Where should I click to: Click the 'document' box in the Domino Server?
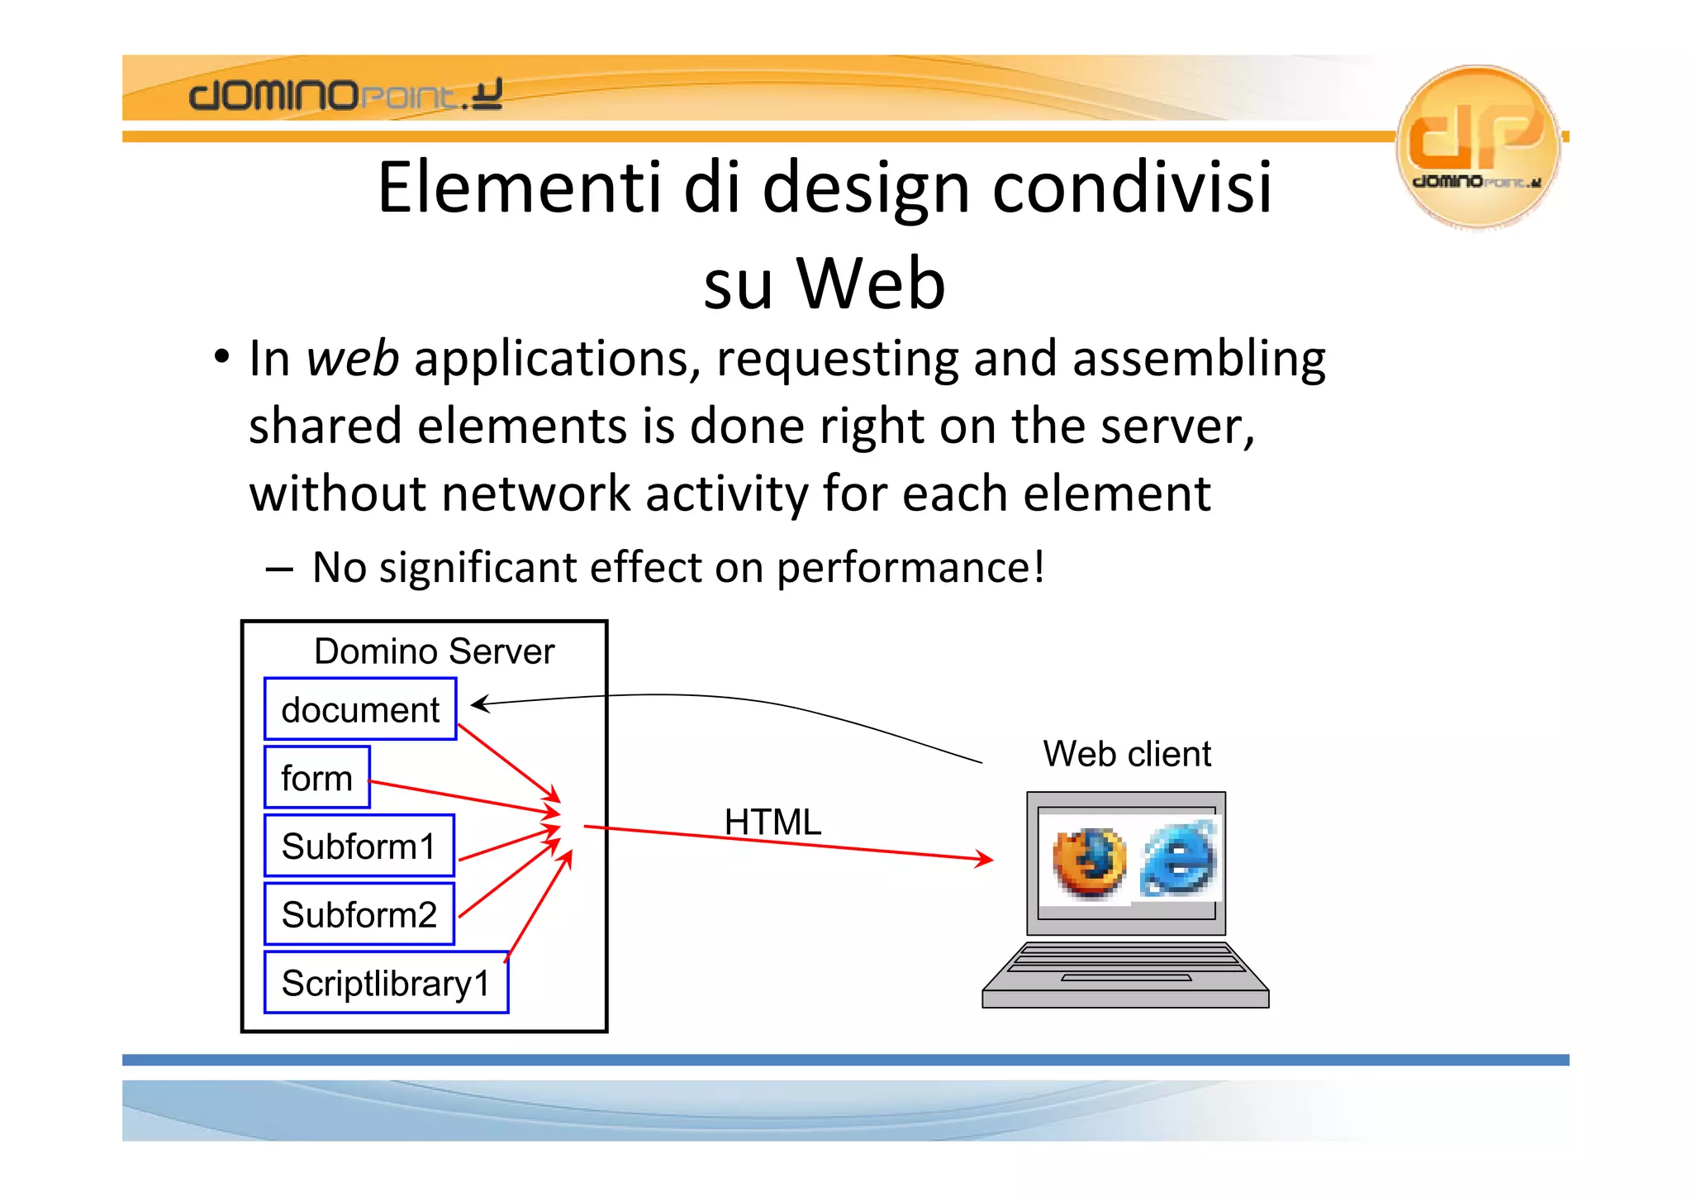[x=360, y=709]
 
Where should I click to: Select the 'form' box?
[x=316, y=778]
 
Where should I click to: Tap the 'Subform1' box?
[x=359, y=846]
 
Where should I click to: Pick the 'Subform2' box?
[x=359, y=914]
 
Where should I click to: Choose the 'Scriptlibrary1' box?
[x=386, y=983]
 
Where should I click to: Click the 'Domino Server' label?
[x=434, y=651]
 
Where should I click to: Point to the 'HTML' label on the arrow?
[x=772, y=822]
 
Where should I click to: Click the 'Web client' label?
[x=1127, y=754]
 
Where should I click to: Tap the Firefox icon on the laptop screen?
[x=1090, y=862]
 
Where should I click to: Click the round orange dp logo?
[x=1477, y=145]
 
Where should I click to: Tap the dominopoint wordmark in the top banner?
[x=345, y=95]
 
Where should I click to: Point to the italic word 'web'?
[x=352, y=359]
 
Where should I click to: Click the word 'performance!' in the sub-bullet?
[x=910, y=568]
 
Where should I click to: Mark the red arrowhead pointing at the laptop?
[x=984, y=858]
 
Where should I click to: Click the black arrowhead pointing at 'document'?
[x=479, y=703]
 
